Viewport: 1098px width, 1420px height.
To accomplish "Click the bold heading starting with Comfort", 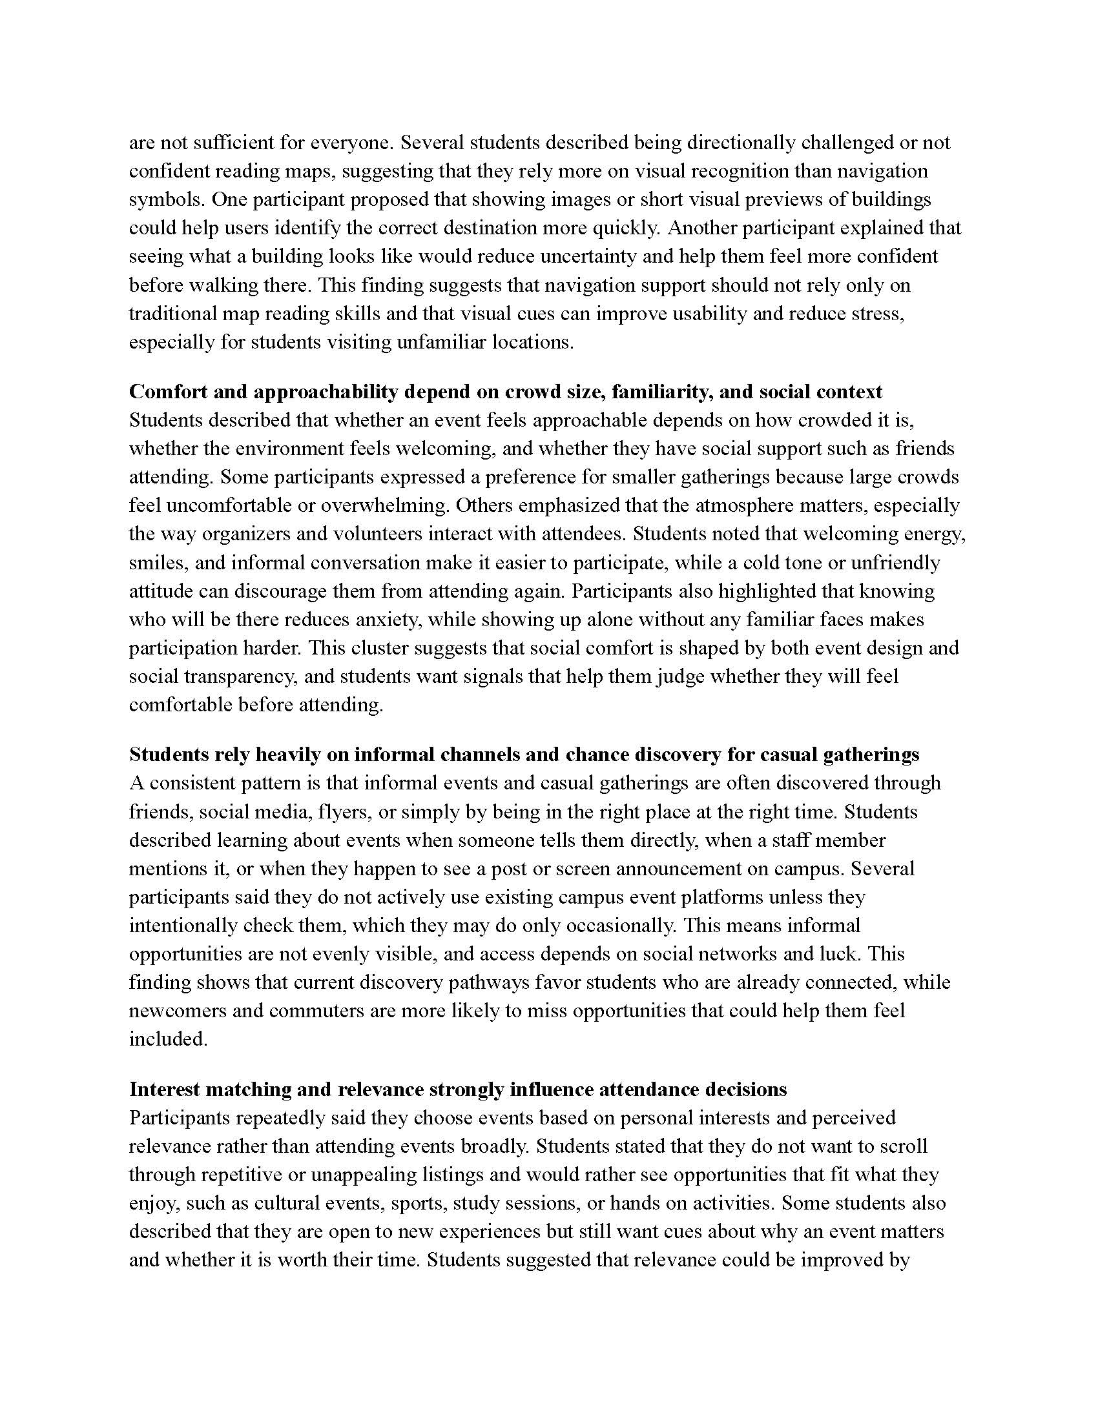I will click(x=506, y=391).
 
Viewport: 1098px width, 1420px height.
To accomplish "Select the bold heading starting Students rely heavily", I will click(x=524, y=754).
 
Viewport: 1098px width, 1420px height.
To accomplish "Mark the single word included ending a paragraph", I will click(x=168, y=1039).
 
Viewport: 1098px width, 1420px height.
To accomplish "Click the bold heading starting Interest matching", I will click(x=458, y=1089).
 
